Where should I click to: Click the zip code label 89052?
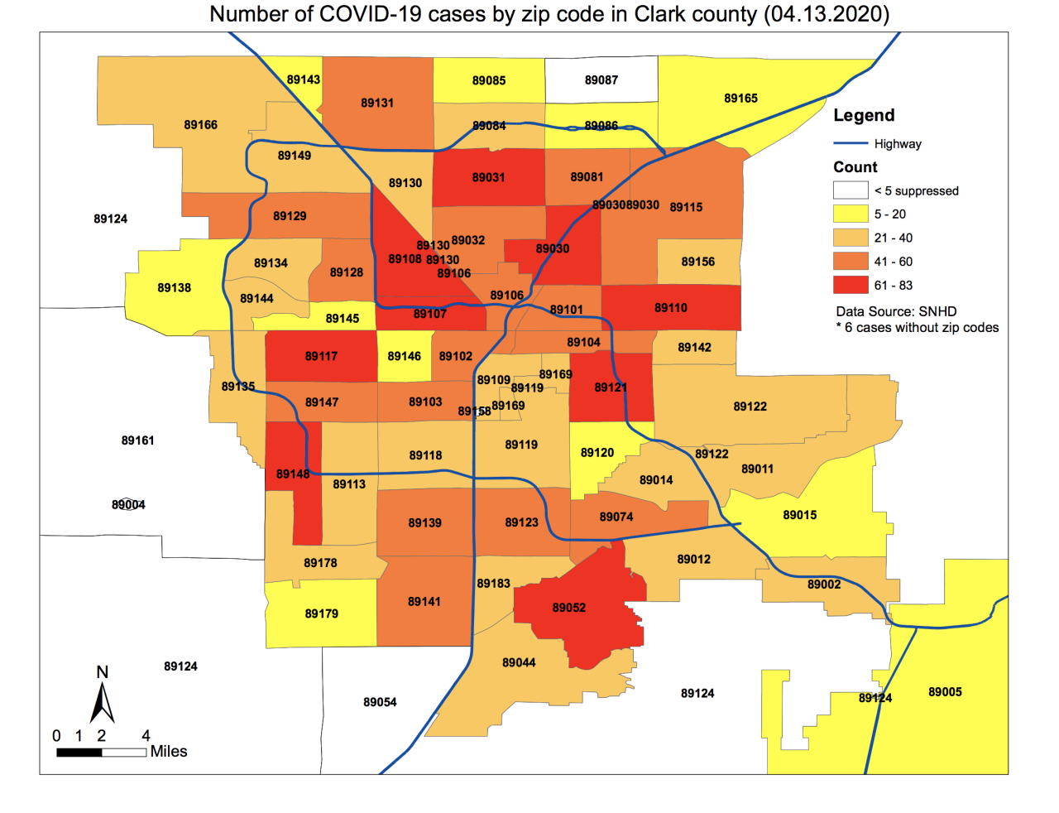(x=568, y=608)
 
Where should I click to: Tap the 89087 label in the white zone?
(x=601, y=80)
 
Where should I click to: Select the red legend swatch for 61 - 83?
(x=850, y=285)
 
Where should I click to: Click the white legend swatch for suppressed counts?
(x=850, y=190)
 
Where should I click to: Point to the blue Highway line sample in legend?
(x=850, y=143)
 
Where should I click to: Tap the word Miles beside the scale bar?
(x=169, y=752)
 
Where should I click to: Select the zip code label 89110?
(x=670, y=308)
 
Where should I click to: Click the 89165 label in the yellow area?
(x=740, y=99)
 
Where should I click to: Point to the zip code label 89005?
(x=945, y=692)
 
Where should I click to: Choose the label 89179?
(x=321, y=613)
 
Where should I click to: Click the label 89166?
(x=200, y=125)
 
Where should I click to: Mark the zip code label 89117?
(x=321, y=356)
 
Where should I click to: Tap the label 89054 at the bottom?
(x=380, y=702)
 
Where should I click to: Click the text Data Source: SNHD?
(x=896, y=312)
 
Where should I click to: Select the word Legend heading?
(x=864, y=116)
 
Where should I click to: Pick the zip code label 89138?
(x=174, y=288)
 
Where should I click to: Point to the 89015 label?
(x=799, y=515)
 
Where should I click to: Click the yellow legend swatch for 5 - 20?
(x=850, y=214)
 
